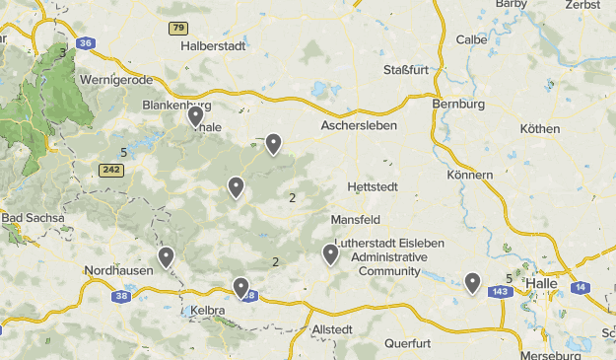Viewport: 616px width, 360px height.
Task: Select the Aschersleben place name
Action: tap(358, 126)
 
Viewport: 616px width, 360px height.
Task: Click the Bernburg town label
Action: tap(458, 104)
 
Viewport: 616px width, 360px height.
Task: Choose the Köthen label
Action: tap(539, 129)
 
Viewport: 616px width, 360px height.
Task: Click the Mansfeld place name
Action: tap(355, 219)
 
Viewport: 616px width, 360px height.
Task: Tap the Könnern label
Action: tap(469, 175)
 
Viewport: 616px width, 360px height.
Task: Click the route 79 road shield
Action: tap(177, 28)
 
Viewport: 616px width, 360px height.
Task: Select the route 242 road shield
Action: tap(110, 170)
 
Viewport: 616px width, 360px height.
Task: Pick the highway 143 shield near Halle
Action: tap(499, 292)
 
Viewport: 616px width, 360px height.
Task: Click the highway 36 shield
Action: tap(86, 43)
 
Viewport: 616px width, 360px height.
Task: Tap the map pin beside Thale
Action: tap(196, 117)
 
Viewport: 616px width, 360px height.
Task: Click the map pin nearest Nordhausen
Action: tap(167, 257)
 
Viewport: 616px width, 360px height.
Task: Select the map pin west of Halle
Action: tap(473, 283)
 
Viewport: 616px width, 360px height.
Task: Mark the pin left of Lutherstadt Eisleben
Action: tap(330, 254)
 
